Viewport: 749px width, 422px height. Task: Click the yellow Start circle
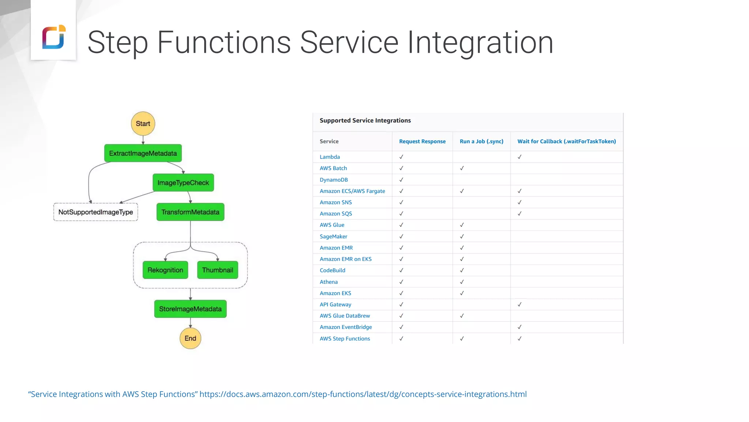pyautogui.click(x=143, y=123)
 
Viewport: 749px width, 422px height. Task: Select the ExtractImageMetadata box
pyautogui.click(x=143, y=153)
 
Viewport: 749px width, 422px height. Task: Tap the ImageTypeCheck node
pyautogui.click(x=183, y=182)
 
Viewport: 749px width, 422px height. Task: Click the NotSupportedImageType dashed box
pyautogui.click(x=95, y=212)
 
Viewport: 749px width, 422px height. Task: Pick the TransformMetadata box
pyautogui.click(x=190, y=212)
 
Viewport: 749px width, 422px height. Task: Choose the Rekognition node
pyautogui.click(x=165, y=270)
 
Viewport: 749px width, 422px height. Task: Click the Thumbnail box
pyautogui.click(x=218, y=270)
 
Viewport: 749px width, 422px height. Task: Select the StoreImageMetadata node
pyautogui.click(x=190, y=309)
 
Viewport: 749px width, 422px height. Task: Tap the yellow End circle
pyautogui.click(x=190, y=338)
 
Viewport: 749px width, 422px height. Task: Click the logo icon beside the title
pyautogui.click(x=54, y=37)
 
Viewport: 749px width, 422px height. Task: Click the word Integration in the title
pyautogui.click(x=480, y=42)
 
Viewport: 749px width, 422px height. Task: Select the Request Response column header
pyautogui.click(x=422, y=141)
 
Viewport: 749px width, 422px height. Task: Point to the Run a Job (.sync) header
pyautogui.click(x=481, y=141)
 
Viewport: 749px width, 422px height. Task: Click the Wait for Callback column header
pyautogui.click(x=567, y=141)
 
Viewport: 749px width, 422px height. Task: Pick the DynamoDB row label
pyautogui.click(x=334, y=180)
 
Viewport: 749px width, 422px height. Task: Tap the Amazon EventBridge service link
pyautogui.click(x=346, y=327)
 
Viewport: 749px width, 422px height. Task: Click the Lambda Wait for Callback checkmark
pyautogui.click(x=519, y=157)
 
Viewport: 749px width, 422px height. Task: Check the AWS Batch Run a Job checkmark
pyautogui.click(x=462, y=168)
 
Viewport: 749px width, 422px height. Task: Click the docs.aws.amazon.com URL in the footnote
pyautogui.click(x=363, y=394)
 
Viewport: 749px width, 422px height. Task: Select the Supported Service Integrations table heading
pyautogui.click(x=365, y=121)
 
